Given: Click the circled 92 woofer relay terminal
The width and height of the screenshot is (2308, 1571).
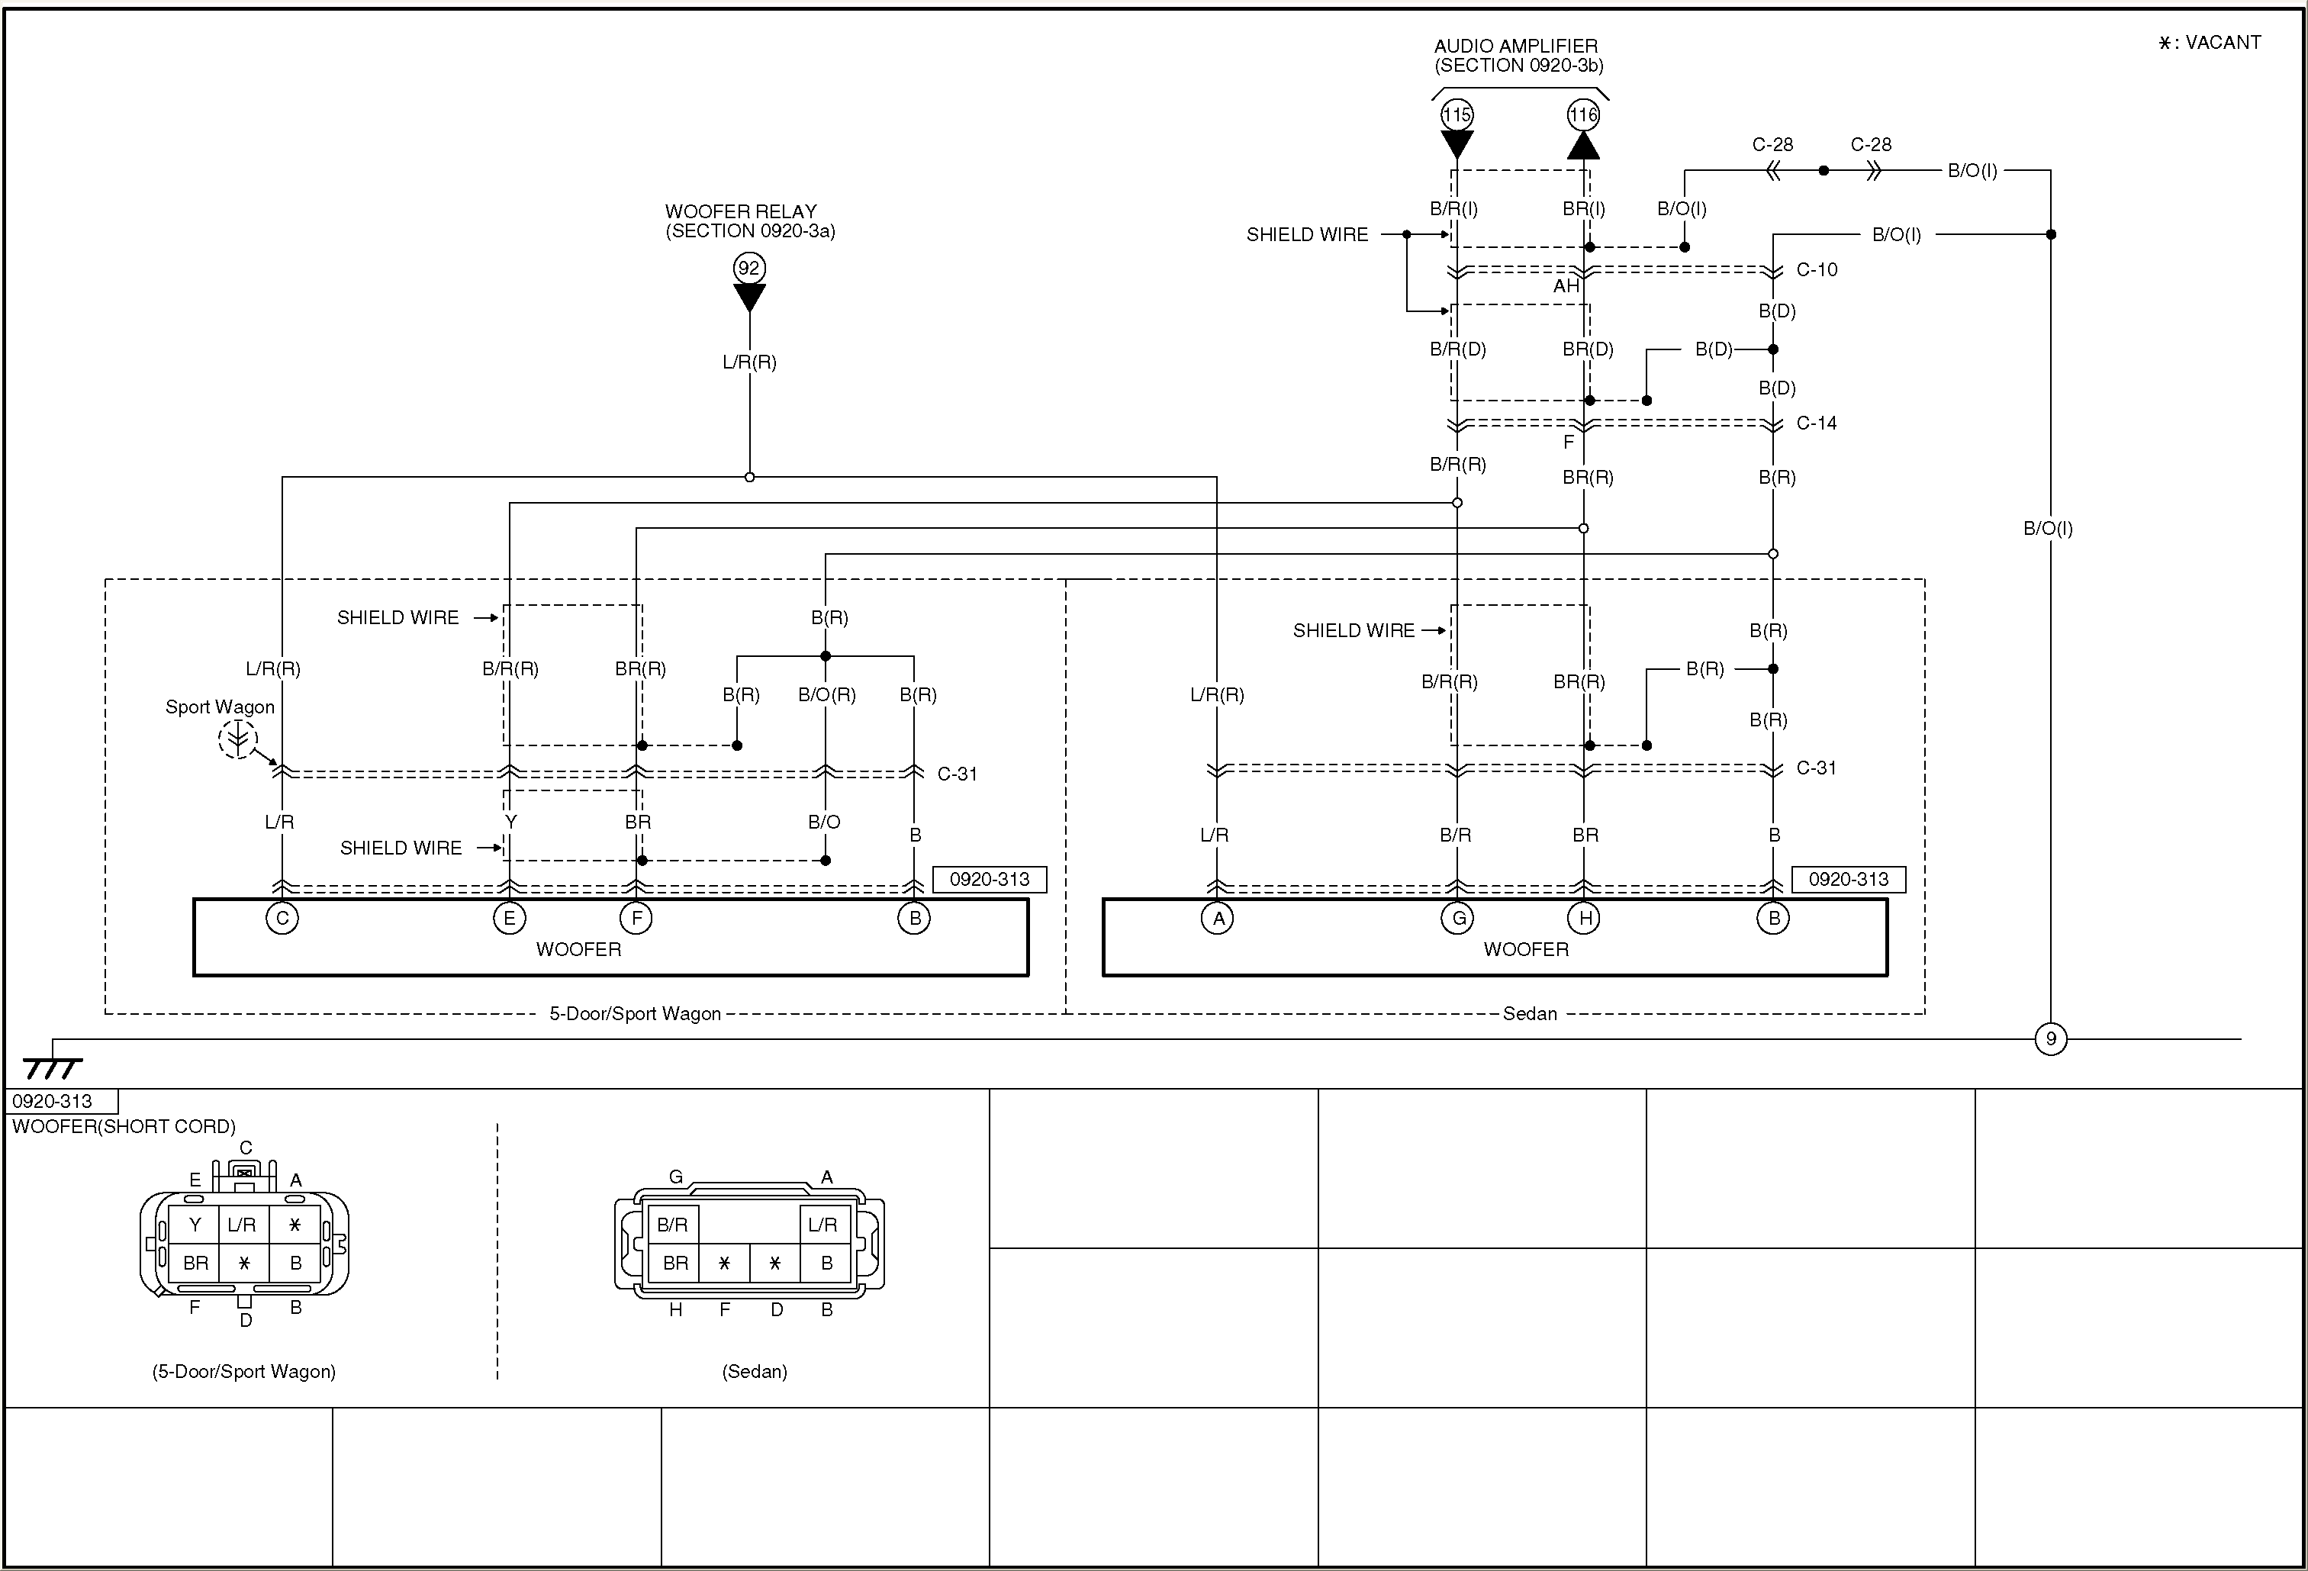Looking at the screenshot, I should pyautogui.click(x=748, y=267).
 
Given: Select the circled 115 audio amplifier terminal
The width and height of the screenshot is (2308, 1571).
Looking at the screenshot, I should pyautogui.click(x=1456, y=115).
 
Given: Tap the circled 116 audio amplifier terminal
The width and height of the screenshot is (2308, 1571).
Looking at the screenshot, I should pyautogui.click(x=1583, y=115).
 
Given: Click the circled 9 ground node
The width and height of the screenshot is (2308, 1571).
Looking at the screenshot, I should pyautogui.click(x=2050, y=1038).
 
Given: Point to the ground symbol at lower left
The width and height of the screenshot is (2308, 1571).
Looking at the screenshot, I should pyautogui.click(x=52, y=1067).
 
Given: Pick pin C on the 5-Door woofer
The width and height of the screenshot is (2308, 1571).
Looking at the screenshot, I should pyautogui.click(x=282, y=918).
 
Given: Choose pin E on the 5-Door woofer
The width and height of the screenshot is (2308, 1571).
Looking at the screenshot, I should pyautogui.click(x=508, y=918).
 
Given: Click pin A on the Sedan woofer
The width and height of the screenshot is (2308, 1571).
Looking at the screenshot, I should pyautogui.click(x=1218, y=918).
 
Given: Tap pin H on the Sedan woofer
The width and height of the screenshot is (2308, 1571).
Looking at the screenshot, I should pyautogui.click(x=1584, y=918).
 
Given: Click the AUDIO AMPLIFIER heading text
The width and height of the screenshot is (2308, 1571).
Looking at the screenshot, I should pyautogui.click(x=1515, y=47).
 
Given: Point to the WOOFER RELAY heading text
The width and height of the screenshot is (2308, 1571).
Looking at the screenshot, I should pyautogui.click(x=741, y=211).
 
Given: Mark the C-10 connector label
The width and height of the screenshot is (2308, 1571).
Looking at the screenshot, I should pyautogui.click(x=1817, y=269).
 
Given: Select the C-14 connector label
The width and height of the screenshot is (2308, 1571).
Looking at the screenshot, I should pyautogui.click(x=1817, y=423).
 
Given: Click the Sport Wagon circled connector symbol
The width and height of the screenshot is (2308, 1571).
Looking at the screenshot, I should pyautogui.click(x=237, y=739).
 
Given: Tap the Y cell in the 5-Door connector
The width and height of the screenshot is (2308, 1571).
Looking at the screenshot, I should pyautogui.click(x=195, y=1225).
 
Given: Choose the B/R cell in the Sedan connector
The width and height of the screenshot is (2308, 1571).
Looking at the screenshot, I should pyautogui.click(x=672, y=1225).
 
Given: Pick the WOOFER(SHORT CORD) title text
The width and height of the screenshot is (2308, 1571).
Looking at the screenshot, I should pyautogui.click(x=123, y=1126).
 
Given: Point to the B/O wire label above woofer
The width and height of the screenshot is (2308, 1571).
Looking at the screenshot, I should pyautogui.click(x=824, y=821).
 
